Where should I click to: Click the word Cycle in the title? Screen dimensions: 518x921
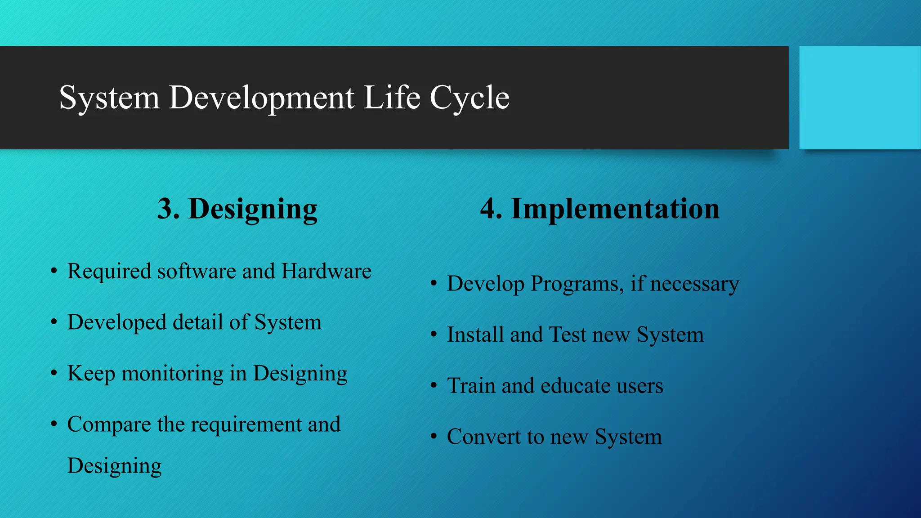coord(469,98)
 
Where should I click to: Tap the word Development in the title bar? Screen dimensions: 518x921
coord(261,98)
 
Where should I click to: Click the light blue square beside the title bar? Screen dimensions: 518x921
coord(859,98)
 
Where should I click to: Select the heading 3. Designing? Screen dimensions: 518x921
coord(237,209)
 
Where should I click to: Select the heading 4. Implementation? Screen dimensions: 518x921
coord(599,209)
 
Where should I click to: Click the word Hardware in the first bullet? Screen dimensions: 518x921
coord(326,271)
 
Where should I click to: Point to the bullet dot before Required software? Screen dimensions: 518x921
coord(54,271)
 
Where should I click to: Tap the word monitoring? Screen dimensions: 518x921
coord(172,374)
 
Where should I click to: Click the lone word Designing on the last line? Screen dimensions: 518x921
coord(114,466)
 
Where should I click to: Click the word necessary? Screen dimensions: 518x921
coord(694,284)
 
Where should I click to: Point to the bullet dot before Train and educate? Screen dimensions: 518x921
coord(434,386)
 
